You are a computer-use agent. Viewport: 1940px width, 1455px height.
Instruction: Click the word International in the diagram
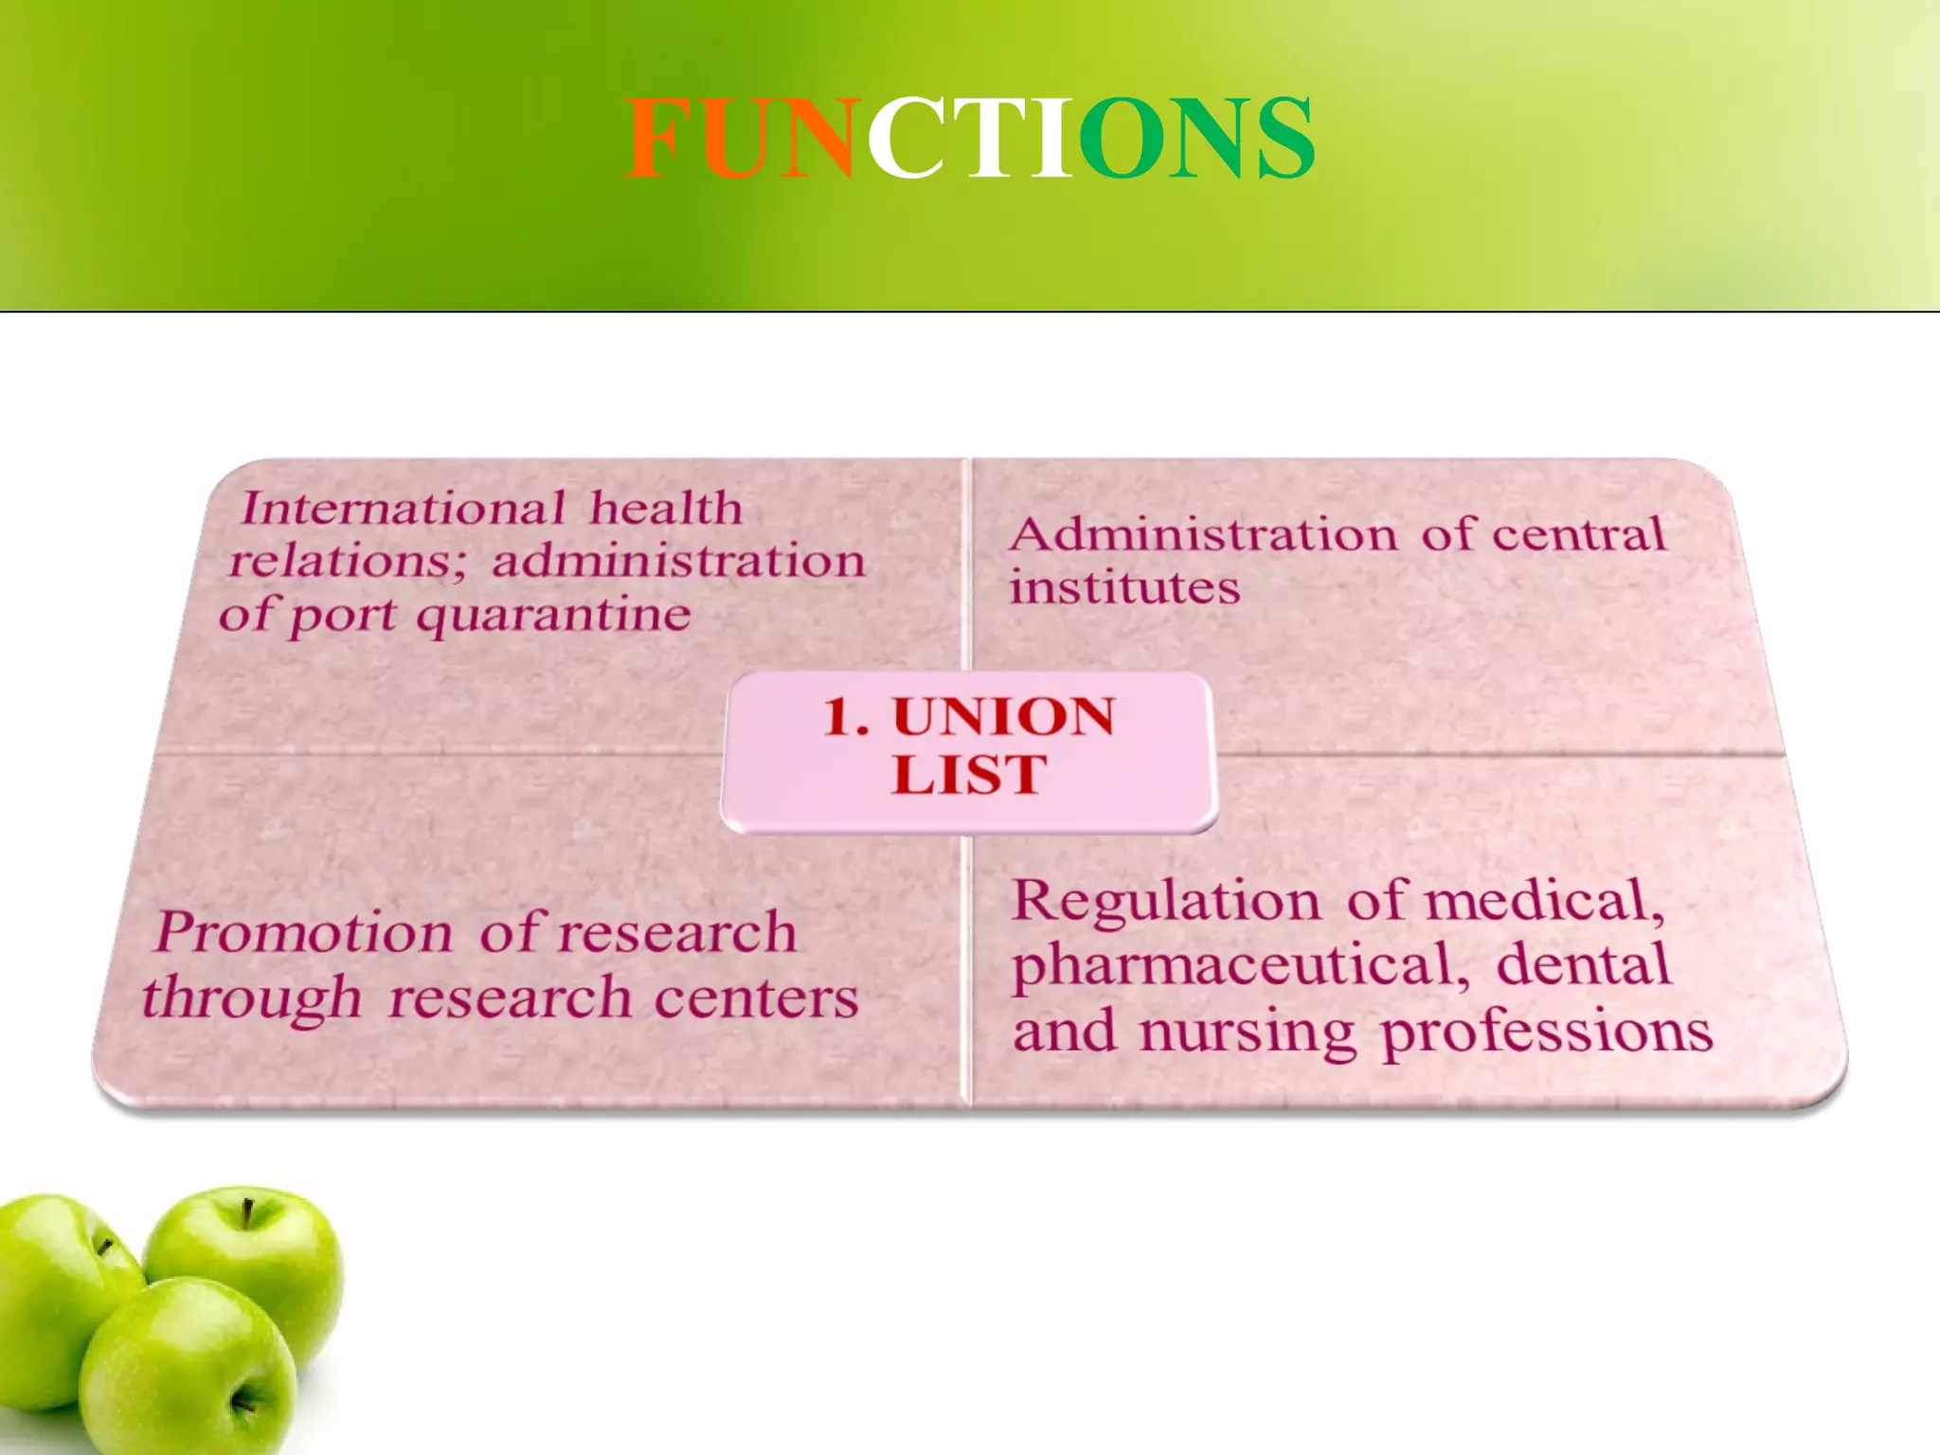[x=404, y=509]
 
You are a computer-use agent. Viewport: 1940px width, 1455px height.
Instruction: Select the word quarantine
[x=554, y=617]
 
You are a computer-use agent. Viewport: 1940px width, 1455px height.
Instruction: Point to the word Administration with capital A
[x=1203, y=534]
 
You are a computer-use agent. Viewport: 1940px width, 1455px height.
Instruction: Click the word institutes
[x=1124, y=587]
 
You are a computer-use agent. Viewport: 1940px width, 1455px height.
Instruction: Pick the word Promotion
[x=305, y=932]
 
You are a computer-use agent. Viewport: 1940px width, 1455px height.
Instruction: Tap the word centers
[x=756, y=998]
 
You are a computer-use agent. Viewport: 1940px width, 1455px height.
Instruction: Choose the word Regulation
[x=1166, y=900]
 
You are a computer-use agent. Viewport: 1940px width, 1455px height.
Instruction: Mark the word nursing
[x=1248, y=1033]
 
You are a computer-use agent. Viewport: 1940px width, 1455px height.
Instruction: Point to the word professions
[x=1547, y=1033]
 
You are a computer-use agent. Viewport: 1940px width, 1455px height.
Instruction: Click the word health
[x=666, y=509]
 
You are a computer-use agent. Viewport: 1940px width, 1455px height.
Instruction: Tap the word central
[x=1578, y=534]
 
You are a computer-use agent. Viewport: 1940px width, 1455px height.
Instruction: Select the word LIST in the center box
[x=969, y=775]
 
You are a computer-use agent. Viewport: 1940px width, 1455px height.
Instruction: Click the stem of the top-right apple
[x=247, y=1212]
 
